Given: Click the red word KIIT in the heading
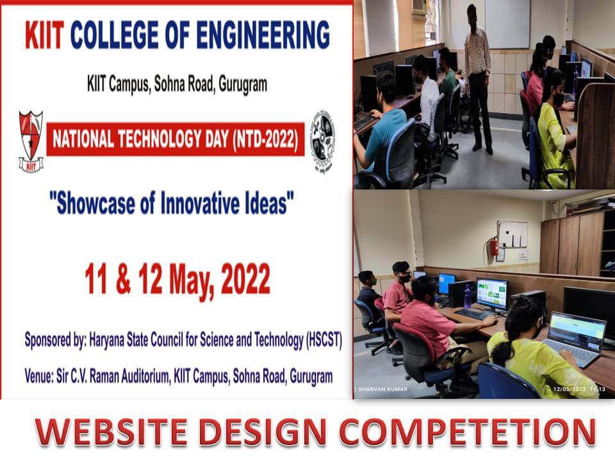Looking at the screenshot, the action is [x=44, y=35].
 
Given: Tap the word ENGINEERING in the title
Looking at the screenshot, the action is [x=263, y=35].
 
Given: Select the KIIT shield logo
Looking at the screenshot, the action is [x=31, y=142].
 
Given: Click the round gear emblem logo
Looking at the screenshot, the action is [x=323, y=142].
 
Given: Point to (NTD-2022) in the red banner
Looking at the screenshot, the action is [x=265, y=139].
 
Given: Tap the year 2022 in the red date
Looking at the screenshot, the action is [x=245, y=279].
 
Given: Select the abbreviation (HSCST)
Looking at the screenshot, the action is [x=324, y=339].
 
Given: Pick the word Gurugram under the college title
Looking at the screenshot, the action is [x=243, y=84].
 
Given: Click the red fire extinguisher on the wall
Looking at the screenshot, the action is [x=493, y=247].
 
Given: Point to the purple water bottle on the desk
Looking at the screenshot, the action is [x=467, y=296].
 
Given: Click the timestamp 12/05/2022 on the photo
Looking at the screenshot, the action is [x=570, y=389].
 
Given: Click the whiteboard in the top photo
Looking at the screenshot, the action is [x=507, y=24].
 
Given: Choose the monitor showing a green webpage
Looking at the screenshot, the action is [x=492, y=294].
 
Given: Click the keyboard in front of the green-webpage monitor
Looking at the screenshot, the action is [x=473, y=314].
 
